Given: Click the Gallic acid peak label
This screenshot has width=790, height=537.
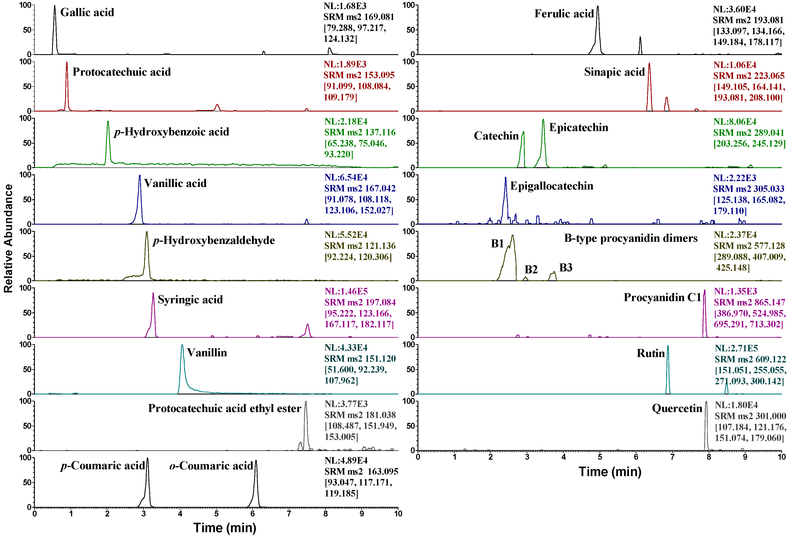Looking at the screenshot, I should click(x=87, y=13).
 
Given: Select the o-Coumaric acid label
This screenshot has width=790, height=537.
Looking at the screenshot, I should click(x=211, y=466).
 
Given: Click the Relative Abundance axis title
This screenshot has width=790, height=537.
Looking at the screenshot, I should click(x=8, y=238).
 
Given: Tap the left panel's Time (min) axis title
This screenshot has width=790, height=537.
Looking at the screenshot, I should click(x=225, y=528).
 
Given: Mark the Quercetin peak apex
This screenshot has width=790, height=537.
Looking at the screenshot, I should click(x=706, y=402).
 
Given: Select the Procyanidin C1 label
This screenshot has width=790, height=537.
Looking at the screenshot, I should click(x=662, y=297).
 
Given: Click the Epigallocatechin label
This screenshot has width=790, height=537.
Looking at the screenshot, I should click(x=552, y=186).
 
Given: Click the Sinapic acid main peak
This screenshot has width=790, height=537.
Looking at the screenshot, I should click(x=649, y=63).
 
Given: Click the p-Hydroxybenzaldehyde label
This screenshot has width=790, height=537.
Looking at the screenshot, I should click(x=214, y=240).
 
